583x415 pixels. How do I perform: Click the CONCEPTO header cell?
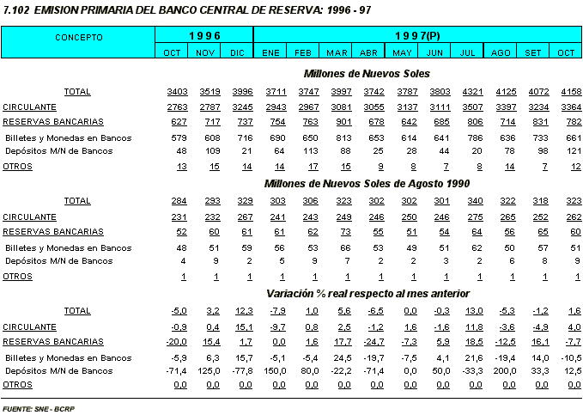78,38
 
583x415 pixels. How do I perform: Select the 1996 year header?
204,35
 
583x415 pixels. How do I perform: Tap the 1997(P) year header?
416,35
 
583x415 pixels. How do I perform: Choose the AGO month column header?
500,53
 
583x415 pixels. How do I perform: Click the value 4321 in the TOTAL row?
467,91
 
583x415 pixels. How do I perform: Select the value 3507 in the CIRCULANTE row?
467,107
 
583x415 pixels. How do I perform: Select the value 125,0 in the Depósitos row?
204,371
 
